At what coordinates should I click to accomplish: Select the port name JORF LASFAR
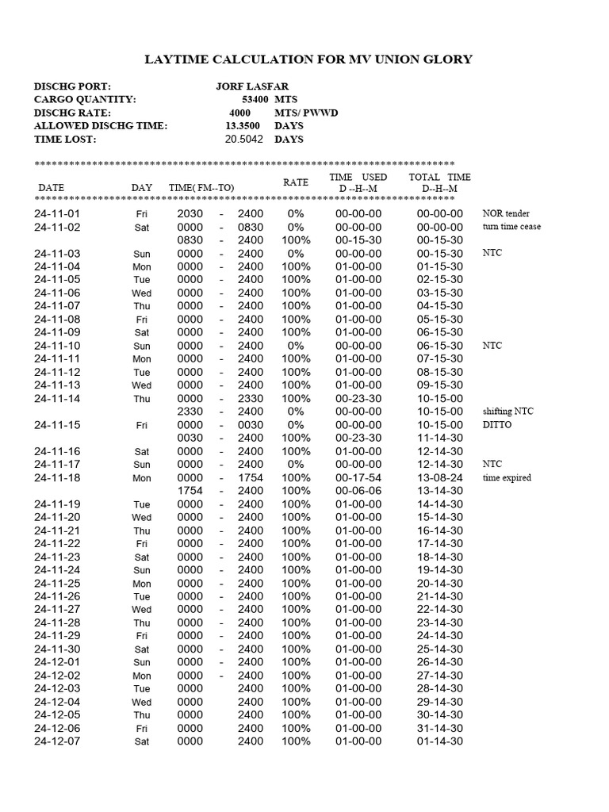(251, 86)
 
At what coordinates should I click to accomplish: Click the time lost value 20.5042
(245, 140)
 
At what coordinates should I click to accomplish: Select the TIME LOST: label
(65, 140)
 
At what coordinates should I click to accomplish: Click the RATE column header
(296, 182)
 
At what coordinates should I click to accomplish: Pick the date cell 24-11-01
(57, 214)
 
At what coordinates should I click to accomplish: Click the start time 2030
(190, 214)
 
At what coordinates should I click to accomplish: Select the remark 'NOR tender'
(506, 214)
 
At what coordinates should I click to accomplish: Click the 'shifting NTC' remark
(508, 412)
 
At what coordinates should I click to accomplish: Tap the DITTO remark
(497, 425)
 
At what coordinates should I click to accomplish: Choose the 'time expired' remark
(507, 478)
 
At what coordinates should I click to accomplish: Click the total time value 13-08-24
(440, 478)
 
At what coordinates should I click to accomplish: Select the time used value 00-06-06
(358, 491)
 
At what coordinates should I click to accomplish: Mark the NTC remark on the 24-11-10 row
(492, 347)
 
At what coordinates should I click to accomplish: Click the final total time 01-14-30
(440, 741)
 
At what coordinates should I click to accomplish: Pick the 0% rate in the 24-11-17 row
(296, 465)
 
